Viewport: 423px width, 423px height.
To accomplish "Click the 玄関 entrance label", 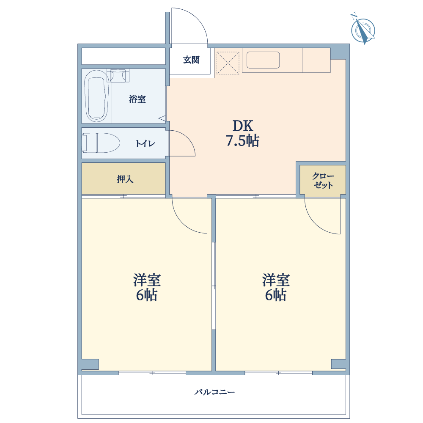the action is click(x=191, y=60).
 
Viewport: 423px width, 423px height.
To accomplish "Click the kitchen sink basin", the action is click(x=263, y=60).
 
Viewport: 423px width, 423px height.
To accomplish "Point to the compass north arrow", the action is click(x=363, y=30).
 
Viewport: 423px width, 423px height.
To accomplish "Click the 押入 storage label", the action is click(x=125, y=179).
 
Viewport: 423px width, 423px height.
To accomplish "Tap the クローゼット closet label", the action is click(x=323, y=181).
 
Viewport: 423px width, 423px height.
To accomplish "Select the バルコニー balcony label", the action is click(x=214, y=392).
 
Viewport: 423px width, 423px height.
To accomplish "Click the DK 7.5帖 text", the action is click(x=242, y=133).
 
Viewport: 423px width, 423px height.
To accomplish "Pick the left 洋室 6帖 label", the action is click(x=147, y=287).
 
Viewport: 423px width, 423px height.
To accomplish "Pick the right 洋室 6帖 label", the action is click(x=276, y=287).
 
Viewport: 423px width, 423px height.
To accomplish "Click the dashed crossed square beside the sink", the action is click(x=228, y=63).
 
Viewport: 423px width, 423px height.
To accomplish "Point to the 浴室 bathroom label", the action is click(x=137, y=99).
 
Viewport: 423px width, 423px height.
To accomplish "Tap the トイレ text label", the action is click(x=145, y=143).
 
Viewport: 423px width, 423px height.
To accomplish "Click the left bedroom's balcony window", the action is click(x=152, y=373).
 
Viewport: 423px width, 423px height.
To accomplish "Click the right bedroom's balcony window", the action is click(x=278, y=373).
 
